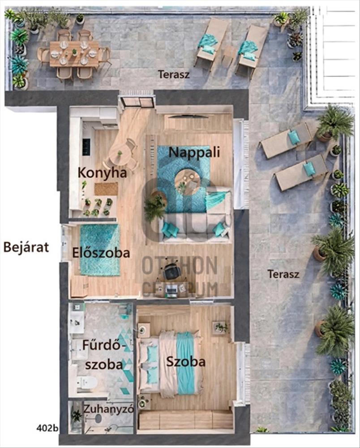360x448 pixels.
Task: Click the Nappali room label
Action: coord(194,153)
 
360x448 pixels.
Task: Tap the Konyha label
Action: coord(102,173)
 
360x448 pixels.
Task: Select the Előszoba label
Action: coord(101,253)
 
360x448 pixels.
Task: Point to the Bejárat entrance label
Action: coord(26,247)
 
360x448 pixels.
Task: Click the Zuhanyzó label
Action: coord(108,409)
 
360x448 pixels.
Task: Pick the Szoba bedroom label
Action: coord(186,362)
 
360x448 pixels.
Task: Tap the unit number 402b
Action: coord(47,428)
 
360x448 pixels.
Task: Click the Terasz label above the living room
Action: coord(174,74)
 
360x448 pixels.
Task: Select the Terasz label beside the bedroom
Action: coord(283,274)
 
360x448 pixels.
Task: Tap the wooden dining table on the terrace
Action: coord(74,54)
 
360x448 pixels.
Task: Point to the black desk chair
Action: coord(171,272)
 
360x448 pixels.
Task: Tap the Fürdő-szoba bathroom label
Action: coord(104,354)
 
